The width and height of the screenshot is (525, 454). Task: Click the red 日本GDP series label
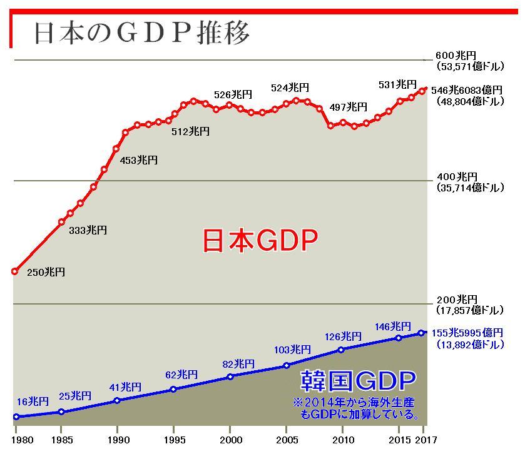pos(260,240)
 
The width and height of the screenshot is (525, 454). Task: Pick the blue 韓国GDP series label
pos(359,380)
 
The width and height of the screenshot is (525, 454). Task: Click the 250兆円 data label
pos(46,272)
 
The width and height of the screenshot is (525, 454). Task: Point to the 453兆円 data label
pos(138,161)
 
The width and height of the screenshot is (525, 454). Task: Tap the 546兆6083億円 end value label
pos(466,90)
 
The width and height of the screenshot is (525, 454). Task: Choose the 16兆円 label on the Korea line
pos(33,402)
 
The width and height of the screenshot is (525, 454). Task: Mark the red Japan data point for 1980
pos(15,271)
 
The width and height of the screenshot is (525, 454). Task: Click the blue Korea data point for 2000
pos(230,376)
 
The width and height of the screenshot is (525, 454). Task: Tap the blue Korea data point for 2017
pos(422,333)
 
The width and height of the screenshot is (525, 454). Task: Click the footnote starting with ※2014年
pos(355,408)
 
